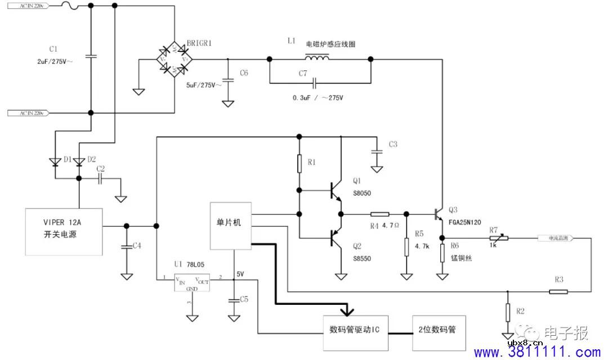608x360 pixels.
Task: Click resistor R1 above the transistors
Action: click(299, 163)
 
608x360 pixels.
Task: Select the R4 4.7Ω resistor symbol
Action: click(379, 214)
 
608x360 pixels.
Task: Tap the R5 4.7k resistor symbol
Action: click(406, 246)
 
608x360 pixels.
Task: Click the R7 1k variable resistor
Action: click(498, 238)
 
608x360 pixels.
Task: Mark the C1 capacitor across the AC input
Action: click(91, 56)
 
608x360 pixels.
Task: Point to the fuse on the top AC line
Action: click(67, 6)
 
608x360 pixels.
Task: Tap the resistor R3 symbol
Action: click(558, 291)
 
